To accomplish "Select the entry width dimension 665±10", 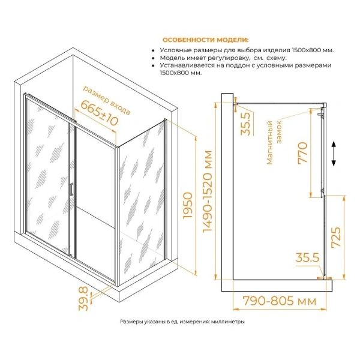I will click(x=97, y=113).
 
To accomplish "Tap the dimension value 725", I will click(x=337, y=241).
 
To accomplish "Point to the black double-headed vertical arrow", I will click(x=335, y=155).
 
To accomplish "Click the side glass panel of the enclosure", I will click(x=141, y=192).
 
